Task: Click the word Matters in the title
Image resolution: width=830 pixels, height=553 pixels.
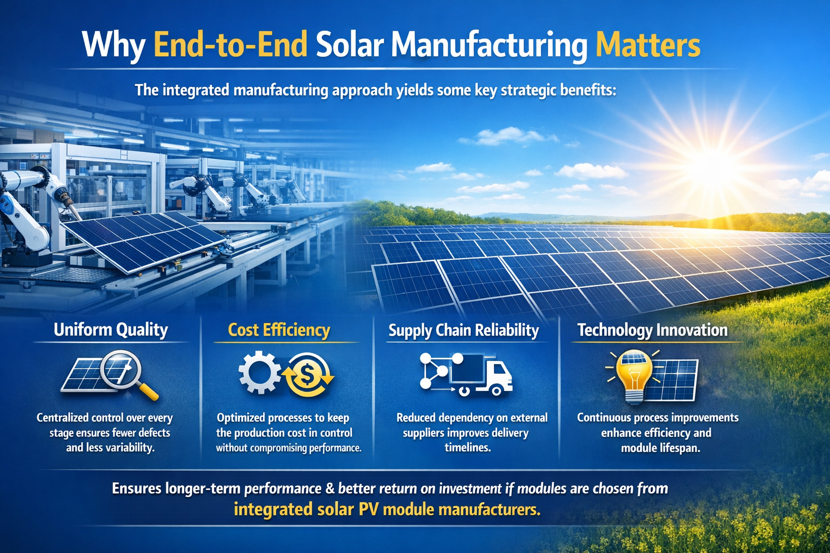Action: pyautogui.click(x=647, y=45)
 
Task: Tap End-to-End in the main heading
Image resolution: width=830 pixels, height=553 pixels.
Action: pyautogui.click(x=231, y=45)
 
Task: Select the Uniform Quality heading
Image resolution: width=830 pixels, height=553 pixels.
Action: pyautogui.click(x=111, y=330)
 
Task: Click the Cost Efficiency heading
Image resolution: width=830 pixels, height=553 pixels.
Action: pyautogui.click(x=279, y=330)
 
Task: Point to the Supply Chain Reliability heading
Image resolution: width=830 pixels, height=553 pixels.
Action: pyautogui.click(x=464, y=331)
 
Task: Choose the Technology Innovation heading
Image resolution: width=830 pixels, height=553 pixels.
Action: pyautogui.click(x=652, y=330)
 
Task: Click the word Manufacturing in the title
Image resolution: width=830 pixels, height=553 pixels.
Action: pyautogui.click(x=488, y=45)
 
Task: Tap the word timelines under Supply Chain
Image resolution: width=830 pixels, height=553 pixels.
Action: pyautogui.click(x=467, y=448)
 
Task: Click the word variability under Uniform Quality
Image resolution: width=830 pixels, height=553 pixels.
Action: pyautogui.click(x=129, y=448)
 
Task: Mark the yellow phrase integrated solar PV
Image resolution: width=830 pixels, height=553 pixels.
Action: pyautogui.click(x=306, y=509)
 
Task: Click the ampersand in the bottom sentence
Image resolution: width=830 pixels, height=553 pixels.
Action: pyautogui.click(x=330, y=489)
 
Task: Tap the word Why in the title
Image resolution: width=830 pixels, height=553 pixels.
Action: pyautogui.click(x=113, y=45)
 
